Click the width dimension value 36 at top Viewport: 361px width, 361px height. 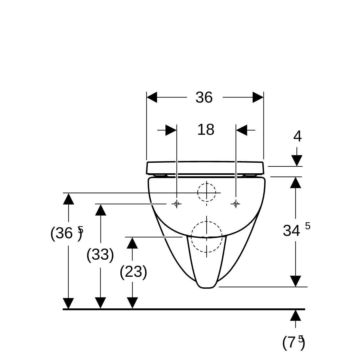(x=204, y=97)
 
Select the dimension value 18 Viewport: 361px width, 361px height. (x=206, y=130)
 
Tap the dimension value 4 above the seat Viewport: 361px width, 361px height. (x=297, y=136)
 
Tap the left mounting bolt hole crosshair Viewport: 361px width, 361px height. (x=177, y=204)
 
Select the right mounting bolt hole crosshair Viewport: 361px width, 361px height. (x=236, y=204)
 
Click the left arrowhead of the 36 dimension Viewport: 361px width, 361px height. (x=152, y=97)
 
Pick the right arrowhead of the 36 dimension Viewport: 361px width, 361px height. (x=258, y=97)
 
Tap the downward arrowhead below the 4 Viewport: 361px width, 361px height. (x=297, y=161)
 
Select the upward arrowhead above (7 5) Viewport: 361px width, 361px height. (x=295, y=315)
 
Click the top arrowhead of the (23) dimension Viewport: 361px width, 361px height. (x=132, y=243)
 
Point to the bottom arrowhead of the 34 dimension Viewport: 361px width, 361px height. (x=295, y=281)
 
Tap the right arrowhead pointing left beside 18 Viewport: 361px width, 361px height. (x=242, y=130)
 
